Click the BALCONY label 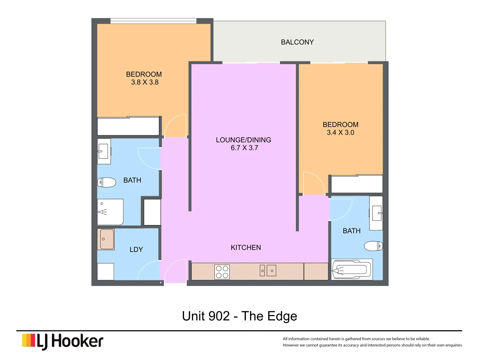pos(297,42)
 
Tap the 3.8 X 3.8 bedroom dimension pos(145,82)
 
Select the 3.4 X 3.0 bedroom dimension pos(340,133)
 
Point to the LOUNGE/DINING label pos(243,140)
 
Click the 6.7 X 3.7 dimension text pos(244,148)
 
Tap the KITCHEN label pos(246,248)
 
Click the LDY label pos(136,250)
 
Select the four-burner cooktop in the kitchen pos(222,272)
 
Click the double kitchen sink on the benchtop pos(268,271)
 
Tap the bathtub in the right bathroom pos(352,269)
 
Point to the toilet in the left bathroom pos(106,182)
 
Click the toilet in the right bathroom pos(373,246)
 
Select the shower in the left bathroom pos(110,212)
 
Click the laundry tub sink pos(106,239)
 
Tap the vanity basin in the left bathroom pos(104,151)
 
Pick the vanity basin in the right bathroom pos(376,213)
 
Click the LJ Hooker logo pos(63,341)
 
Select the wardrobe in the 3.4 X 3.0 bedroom pos(357,184)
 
